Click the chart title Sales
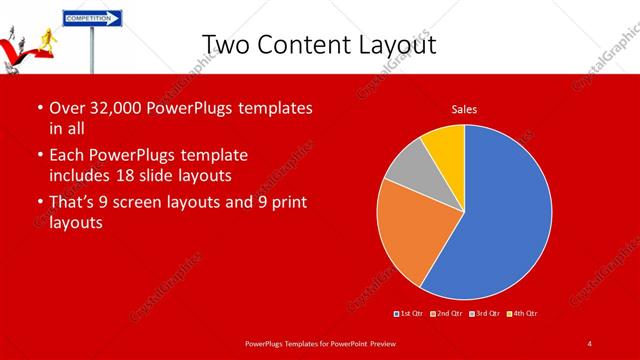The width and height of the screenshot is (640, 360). (x=464, y=108)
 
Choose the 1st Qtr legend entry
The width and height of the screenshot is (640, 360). (x=409, y=313)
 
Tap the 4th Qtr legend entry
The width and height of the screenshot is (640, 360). (x=521, y=313)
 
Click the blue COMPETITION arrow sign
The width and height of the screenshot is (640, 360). (x=92, y=18)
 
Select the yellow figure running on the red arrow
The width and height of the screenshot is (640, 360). (x=46, y=39)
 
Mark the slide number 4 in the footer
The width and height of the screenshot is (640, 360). (x=590, y=343)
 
